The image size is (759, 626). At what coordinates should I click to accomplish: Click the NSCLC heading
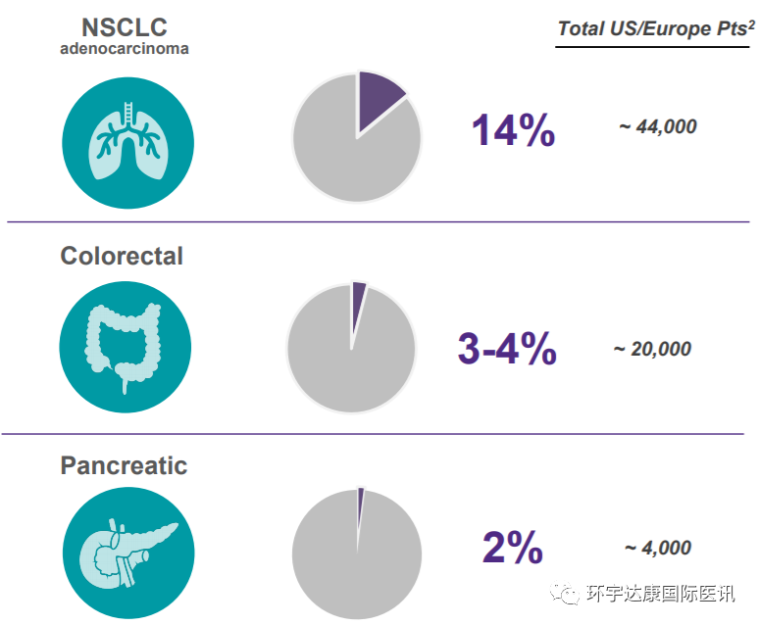(125, 28)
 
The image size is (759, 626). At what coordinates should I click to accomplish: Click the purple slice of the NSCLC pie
(378, 98)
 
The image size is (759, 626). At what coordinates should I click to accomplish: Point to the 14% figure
(514, 130)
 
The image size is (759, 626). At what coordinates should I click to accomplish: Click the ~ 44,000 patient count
(658, 126)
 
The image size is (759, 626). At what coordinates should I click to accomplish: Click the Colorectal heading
(122, 256)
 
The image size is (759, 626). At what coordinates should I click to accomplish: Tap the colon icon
(125, 345)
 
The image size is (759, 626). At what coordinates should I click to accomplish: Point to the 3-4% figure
(507, 350)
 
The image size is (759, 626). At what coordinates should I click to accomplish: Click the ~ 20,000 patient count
(652, 349)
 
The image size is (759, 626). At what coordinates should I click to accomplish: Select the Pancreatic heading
(124, 464)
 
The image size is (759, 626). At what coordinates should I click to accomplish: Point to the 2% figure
(513, 549)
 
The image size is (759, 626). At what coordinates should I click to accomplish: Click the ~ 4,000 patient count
(658, 549)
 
